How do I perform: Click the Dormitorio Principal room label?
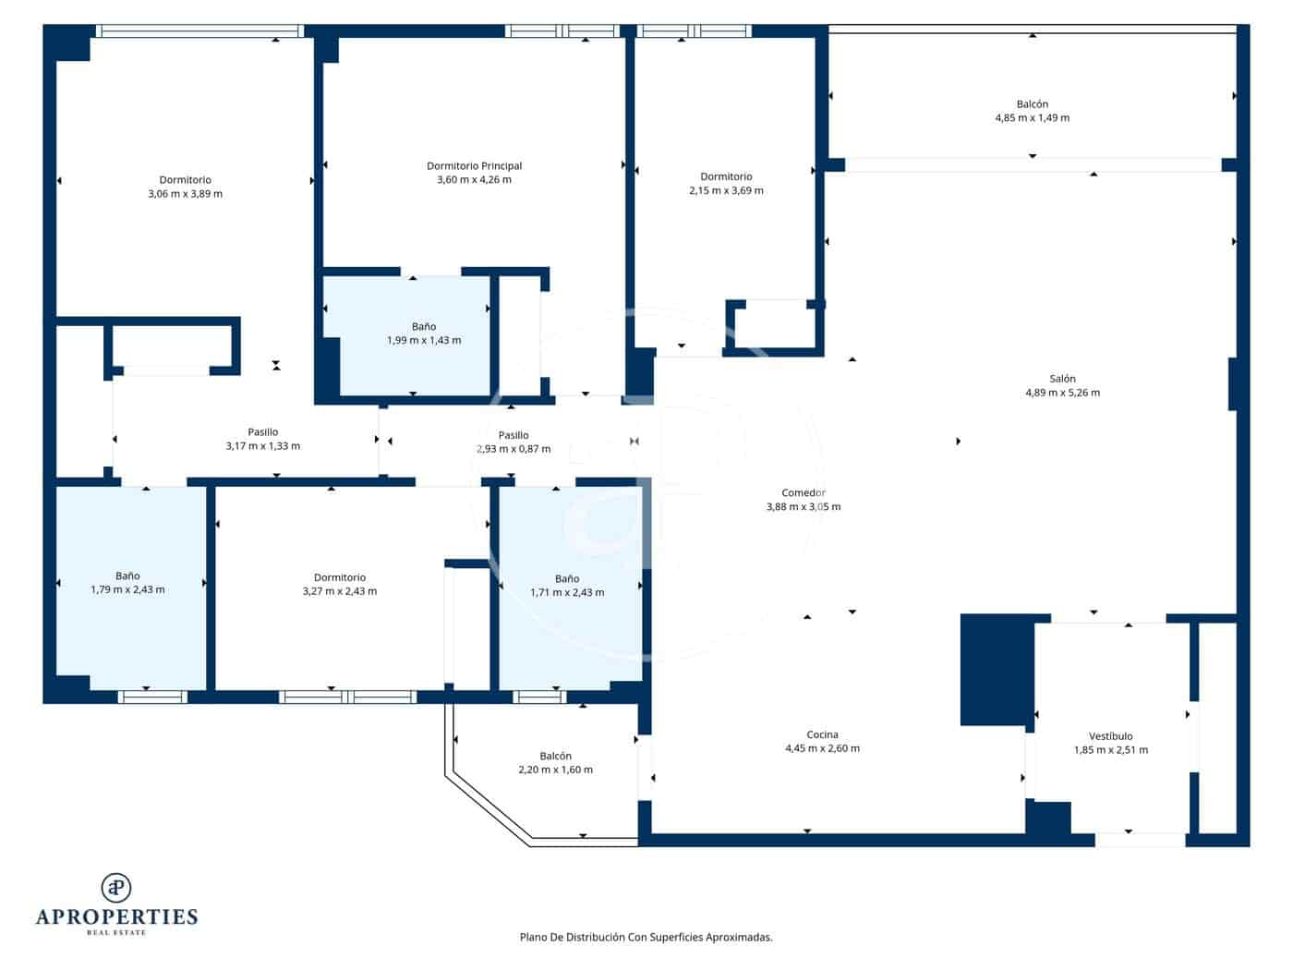tap(474, 166)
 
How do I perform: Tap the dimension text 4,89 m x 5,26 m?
tap(1062, 393)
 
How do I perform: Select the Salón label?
tap(1062, 379)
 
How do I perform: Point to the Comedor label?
tap(804, 493)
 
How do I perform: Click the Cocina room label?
tap(822, 735)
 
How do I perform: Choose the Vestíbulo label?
tap(1110, 736)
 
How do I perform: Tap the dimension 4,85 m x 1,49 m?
tap(1032, 118)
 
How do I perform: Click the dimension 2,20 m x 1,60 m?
tap(555, 770)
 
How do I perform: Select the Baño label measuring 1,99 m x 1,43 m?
tap(424, 327)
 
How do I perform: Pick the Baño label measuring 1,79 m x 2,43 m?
tap(127, 576)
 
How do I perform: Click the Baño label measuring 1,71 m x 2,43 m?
tap(567, 579)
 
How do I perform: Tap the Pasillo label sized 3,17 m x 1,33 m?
tap(262, 432)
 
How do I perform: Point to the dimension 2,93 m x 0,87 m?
tap(514, 449)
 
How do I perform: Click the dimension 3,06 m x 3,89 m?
tap(185, 194)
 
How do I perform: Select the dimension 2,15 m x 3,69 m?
tap(726, 191)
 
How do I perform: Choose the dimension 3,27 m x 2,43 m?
tap(339, 591)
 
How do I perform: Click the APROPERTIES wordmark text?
tap(116, 917)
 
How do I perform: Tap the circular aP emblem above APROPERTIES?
tap(116, 888)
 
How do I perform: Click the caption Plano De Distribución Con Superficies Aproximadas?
tap(646, 937)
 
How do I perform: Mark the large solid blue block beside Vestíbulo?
tap(996, 670)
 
